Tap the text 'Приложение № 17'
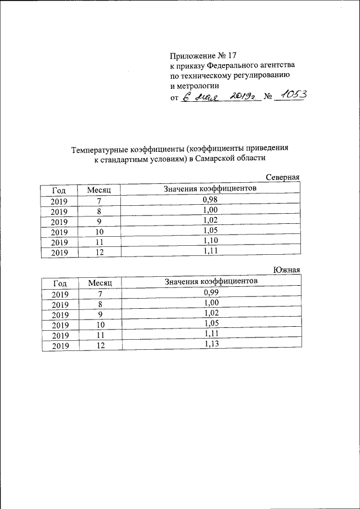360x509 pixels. (204, 56)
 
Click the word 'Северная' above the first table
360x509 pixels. (282, 178)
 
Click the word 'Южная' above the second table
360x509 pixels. (286, 271)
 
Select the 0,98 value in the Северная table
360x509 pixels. (210, 200)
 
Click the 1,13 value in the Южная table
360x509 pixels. (211, 344)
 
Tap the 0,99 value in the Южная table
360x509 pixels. (211, 293)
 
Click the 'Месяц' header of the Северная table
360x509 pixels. (100, 191)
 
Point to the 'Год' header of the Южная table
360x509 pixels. (59, 283)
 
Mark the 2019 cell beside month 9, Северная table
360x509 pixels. (58, 222)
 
